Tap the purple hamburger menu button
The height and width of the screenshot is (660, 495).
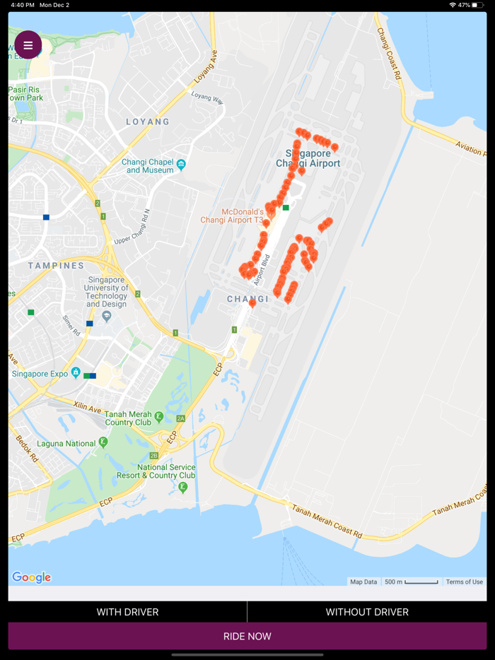point(28,45)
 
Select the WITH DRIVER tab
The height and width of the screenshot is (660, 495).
point(127,612)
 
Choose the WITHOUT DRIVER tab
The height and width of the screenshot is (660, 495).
point(367,612)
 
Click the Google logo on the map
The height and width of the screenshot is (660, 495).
point(32,577)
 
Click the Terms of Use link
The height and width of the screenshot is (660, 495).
point(464,582)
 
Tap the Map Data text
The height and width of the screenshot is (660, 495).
point(363,582)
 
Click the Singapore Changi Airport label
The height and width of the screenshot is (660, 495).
point(308,158)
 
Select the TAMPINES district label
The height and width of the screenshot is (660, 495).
point(56,266)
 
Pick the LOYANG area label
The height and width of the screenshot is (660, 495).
point(148,122)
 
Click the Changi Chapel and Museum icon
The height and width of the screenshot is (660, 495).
point(182,165)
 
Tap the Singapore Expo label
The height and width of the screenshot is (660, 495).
point(40,373)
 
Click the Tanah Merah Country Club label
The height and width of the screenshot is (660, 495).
point(129,418)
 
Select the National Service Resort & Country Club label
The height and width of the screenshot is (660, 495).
point(166,471)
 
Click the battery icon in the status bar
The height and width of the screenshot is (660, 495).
point(479,5)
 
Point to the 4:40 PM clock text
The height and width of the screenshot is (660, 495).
point(22,5)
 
